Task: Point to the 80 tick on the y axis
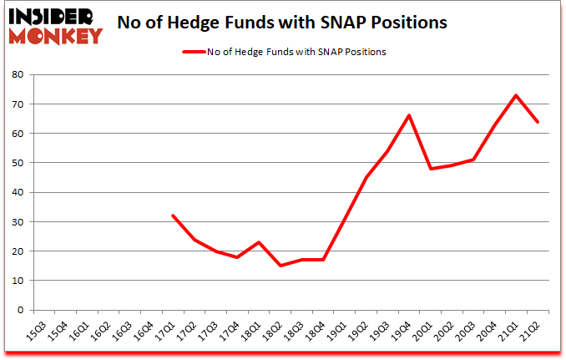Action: coord(16,74)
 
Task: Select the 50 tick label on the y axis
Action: coord(16,163)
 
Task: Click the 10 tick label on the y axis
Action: coord(16,281)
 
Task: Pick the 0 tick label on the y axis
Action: coord(18,310)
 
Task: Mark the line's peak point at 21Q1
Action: coord(516,95)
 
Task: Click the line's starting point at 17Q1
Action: coord(173,215)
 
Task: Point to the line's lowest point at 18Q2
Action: coord(280,266)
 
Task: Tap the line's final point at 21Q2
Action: coord(538,122)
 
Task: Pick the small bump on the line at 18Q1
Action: coord(259,242)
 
